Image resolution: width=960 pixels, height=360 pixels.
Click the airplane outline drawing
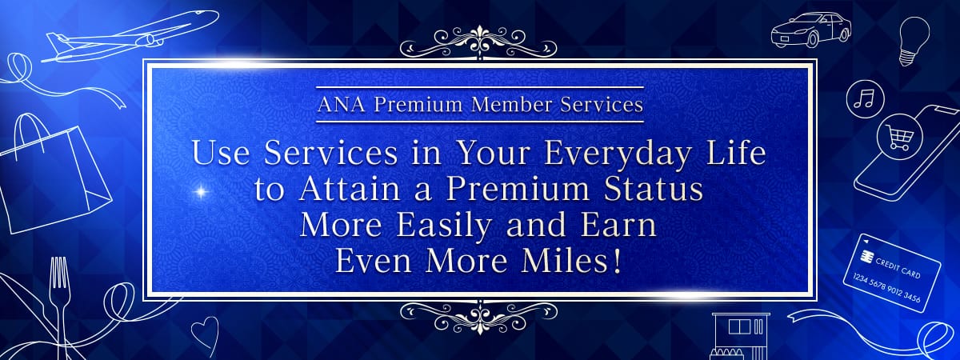129,37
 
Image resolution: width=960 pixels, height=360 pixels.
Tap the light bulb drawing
914,41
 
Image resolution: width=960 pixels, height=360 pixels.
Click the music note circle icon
865,99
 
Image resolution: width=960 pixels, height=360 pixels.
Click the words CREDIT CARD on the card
898,268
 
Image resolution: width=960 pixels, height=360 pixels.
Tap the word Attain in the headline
350,189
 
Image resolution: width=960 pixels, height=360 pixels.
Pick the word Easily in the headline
443,226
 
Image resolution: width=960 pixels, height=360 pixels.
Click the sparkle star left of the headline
200,191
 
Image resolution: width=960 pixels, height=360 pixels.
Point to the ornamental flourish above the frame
478,42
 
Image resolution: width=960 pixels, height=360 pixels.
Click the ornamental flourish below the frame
478,317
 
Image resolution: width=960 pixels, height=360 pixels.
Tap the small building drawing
741,337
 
